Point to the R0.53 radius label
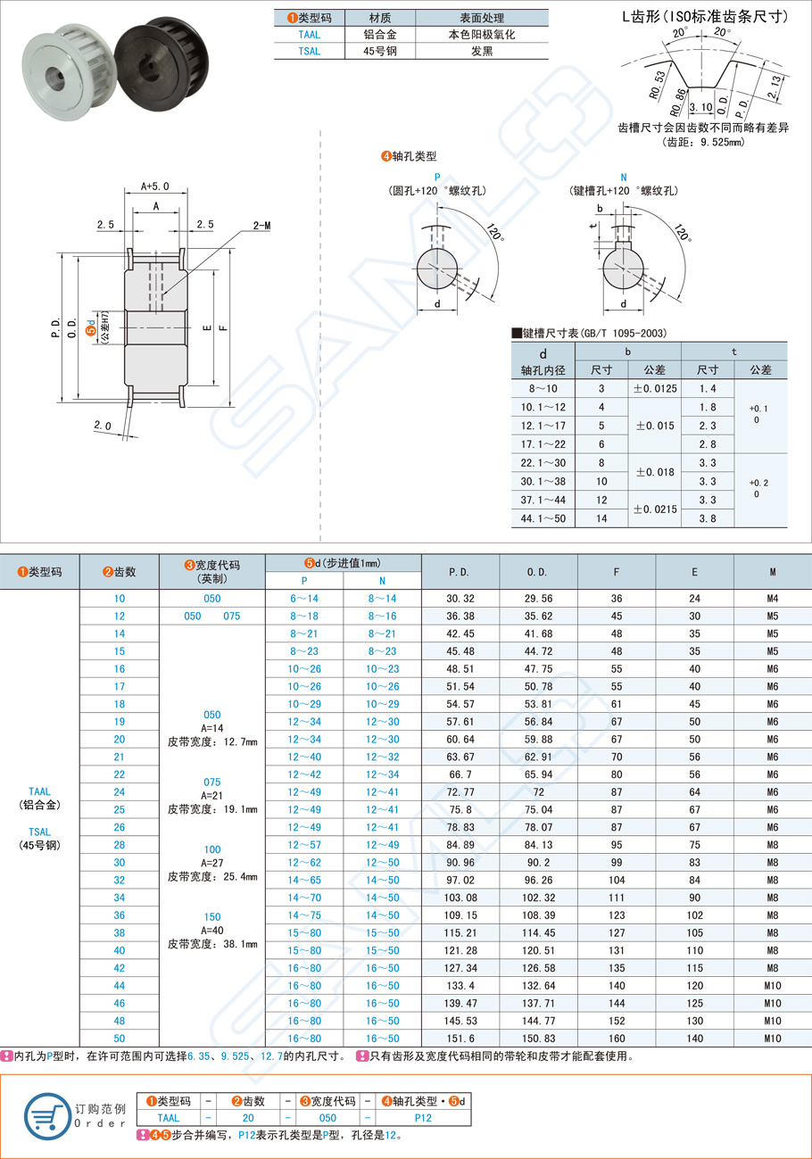[x=659, y=82]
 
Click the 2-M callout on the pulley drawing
[x=261, y=227]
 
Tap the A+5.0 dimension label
[x=156, y=186]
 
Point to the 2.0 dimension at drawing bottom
[x=104, y=426]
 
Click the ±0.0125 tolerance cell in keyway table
[x=654, y=388]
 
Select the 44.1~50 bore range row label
[x=543, y=519]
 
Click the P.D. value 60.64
[x=460, y=739]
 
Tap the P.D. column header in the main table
[x=460, y=571]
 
